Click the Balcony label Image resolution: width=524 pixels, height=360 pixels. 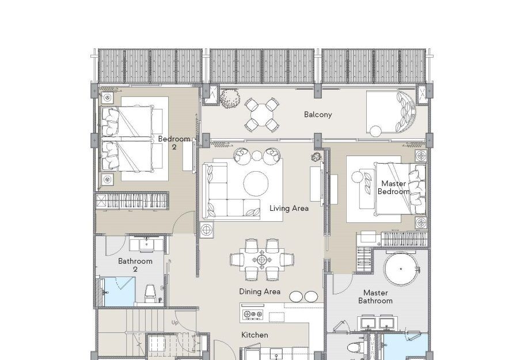[x=318, y=114]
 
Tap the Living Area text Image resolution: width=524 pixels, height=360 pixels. [x=289, y=209]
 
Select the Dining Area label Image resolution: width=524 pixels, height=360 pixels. [x=260, y=291]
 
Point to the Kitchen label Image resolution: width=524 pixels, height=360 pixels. [x=255, y=335]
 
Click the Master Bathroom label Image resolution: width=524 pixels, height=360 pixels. [x=375, y=297]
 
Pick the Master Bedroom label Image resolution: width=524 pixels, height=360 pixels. [x=393, y=188]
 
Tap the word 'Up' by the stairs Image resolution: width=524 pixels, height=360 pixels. [x=175, y=323]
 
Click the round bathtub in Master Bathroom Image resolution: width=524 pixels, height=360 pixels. [x=401, y=269]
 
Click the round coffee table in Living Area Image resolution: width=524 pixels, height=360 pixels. [x=256, y=184]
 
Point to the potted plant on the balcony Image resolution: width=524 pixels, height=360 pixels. [x=230, y=98]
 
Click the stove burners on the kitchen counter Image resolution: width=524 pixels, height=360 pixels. [x=253, y=314]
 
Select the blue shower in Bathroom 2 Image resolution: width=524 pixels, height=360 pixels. [x=120, y=291]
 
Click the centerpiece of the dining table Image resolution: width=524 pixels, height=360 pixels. [x=262, y=259]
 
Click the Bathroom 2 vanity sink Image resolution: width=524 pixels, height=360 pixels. [x=146, y=244]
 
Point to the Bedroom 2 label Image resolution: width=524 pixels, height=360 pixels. [x=174, y=143]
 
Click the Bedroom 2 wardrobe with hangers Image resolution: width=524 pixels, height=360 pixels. [x=132, y=200]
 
